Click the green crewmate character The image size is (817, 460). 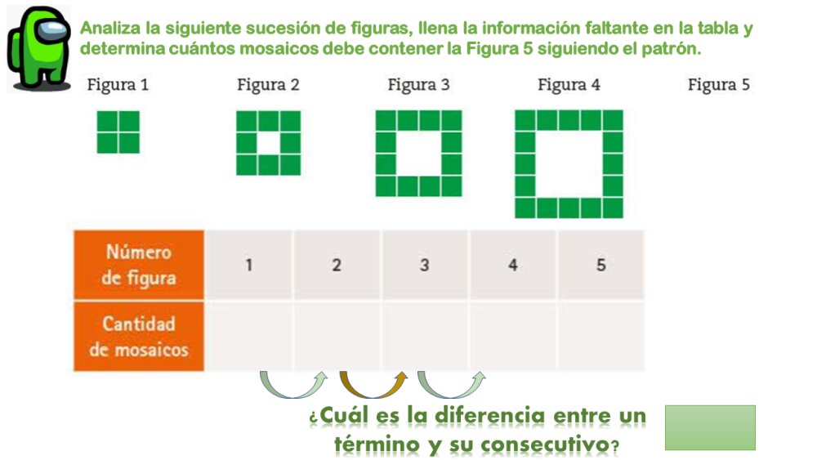pyautogui.click(x=39, y=48)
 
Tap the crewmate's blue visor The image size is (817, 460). pyautogui.click(x=54, y=30)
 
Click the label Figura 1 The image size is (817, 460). pyautogui.click(x=118, y=84)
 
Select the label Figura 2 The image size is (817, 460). pyautogui.click(x=268, y=84)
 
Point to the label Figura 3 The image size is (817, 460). pyautogui.click(x=418, y=84)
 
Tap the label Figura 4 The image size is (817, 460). pyautogui.click(x=569, y=84)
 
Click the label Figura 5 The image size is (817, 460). pyautogui.click(x=719, y=84)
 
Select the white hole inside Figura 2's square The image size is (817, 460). pyautogui.click(x=268, y=143)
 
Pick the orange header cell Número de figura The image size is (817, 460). pyautogui.click(x=139, y=265)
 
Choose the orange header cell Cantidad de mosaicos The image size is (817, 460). pyautogui.click(x=139, y=337)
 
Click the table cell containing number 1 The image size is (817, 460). pyautogui.click(x=249, y=265)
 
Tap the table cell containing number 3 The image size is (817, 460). pyautogui.click(x=425, y=265)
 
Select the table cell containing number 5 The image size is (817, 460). pyautogui.click(x=600, y=265)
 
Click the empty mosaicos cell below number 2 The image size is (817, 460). pyautogui.click(x=337, y=336)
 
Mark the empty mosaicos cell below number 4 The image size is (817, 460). pyautogui.click(x=513, y=336)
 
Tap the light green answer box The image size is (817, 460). pyautogui.click(x=710, y=427)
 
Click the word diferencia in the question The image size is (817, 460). pyautogui.click(x=490, y=416)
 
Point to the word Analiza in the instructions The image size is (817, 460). pyautogui.click(x=111, y=29)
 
